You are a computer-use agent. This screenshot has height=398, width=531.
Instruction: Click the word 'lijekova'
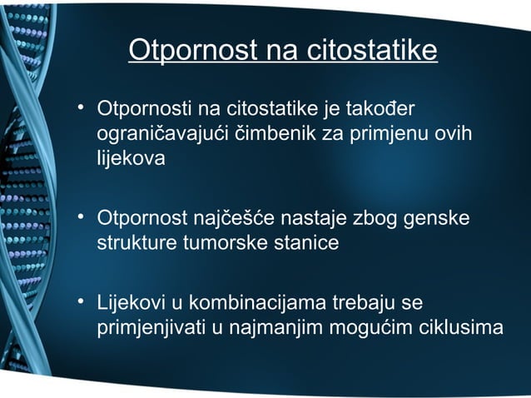point(126,159)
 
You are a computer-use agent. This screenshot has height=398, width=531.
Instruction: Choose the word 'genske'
point(437,220)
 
